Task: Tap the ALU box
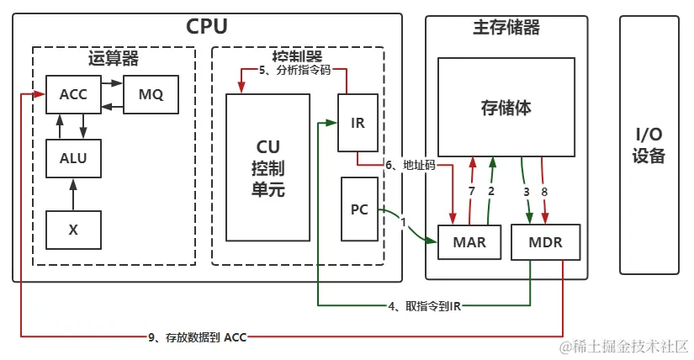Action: [x=73, y=156]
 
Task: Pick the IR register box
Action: [x=358, y=123]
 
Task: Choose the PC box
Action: [x=359, y=209]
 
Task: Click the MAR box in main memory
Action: [x=469, y=243]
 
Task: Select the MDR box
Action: [x=545, y=243]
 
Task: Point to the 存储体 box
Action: [x=506, y=108]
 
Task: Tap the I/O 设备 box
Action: [x=649, y=146]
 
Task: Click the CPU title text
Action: [x=207, y=26]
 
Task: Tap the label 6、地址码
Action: [x=411, y=165]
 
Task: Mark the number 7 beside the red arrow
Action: [x=472, y=192]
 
